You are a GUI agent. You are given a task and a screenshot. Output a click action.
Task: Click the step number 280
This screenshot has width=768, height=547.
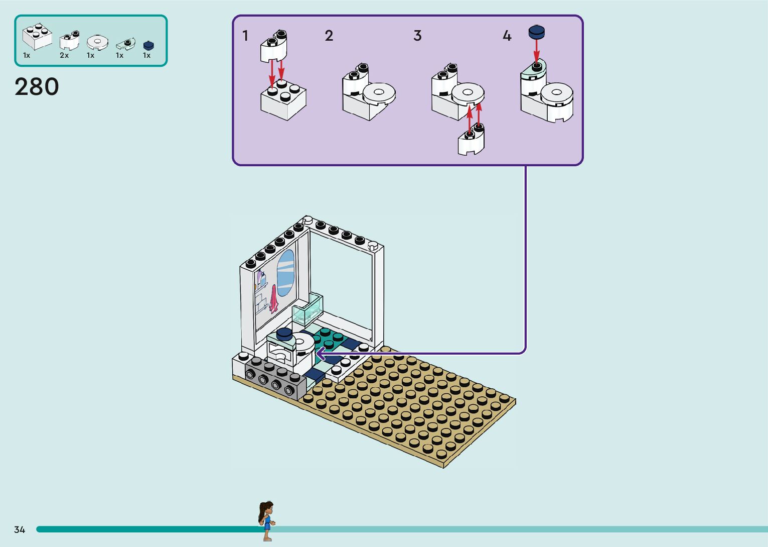(x=37, y=87)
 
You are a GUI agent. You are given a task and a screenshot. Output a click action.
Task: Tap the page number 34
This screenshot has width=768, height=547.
(x=20, y=529)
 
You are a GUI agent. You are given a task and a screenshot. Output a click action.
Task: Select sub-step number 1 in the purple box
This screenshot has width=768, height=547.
(x=245, y=36)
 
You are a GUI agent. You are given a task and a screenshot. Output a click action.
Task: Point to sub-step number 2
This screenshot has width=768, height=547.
(x=329, y=36)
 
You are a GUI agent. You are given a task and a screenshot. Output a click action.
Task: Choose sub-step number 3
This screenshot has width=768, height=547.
(x=417, y=36)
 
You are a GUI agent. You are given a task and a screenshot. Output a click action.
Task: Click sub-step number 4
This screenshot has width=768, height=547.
(x=507, y=36)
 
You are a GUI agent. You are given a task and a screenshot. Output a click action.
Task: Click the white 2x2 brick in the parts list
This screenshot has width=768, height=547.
(x=37, y=36)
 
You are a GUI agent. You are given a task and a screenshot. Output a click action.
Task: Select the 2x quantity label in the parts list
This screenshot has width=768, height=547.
(x=64, y=55)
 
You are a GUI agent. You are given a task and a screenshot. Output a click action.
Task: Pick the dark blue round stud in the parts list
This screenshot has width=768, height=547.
(x=148, y=46)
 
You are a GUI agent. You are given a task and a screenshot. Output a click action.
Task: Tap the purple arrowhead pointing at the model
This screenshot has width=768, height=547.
(x=320, y=355)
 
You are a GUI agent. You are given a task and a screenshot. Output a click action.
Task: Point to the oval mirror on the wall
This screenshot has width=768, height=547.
(x=285, y=273)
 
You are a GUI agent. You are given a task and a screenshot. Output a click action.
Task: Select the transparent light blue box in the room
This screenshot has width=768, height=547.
(x=308, y=309)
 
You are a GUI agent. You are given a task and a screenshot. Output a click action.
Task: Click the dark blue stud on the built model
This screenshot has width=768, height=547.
(x=284, y=334)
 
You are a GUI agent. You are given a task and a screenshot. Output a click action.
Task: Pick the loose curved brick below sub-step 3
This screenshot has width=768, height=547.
(x=472, y=141)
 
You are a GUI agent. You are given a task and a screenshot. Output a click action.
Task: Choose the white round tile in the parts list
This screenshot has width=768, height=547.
(x=97, y=42)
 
